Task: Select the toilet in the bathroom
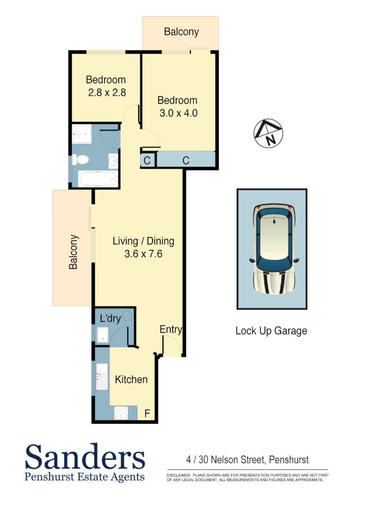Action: click(82, 160)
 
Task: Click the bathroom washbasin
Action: click(113, 161)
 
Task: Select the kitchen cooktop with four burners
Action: click(121, 413)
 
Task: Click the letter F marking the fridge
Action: click(147, 414)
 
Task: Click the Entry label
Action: click(170, 329)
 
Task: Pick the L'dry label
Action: click(110, 319)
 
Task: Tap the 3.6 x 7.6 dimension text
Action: click(143, 254)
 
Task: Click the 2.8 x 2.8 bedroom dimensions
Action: click(107, 93)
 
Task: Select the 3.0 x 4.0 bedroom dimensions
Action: click(178, 113)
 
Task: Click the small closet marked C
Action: click(147, 161)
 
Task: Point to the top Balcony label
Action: click(181, 32)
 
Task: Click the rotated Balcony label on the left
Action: click(73, 252)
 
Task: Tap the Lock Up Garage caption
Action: click(271, 331)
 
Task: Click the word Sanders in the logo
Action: click(85, 457)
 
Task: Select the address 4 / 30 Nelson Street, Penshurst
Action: click(247, 459)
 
